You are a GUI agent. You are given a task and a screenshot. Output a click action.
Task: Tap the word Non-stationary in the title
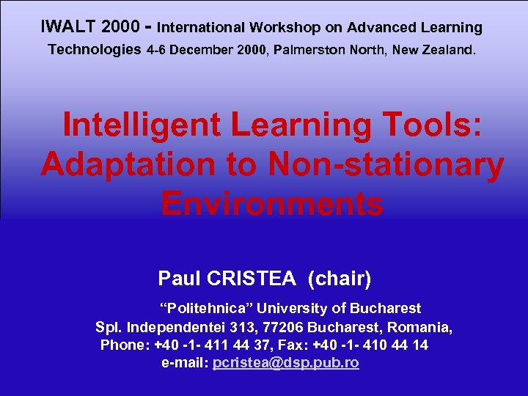pyautogui.click(x=386, y=164)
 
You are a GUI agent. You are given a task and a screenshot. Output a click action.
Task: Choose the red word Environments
pyautogui.click(x=272, y=204)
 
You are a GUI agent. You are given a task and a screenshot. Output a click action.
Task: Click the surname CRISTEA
pyautogui.click(x=251, y=279)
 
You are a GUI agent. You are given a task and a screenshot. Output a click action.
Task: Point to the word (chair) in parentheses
pyautogui.click(x=340, y=279)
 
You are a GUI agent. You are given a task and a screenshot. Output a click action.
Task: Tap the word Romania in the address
pyautogui.click(x=420, y=327)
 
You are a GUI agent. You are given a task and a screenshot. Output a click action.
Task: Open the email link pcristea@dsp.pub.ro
pyautogui.click(x=285, y=363)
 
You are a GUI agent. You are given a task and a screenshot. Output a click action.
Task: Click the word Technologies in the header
pyautogui.click(x=95, y=51)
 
